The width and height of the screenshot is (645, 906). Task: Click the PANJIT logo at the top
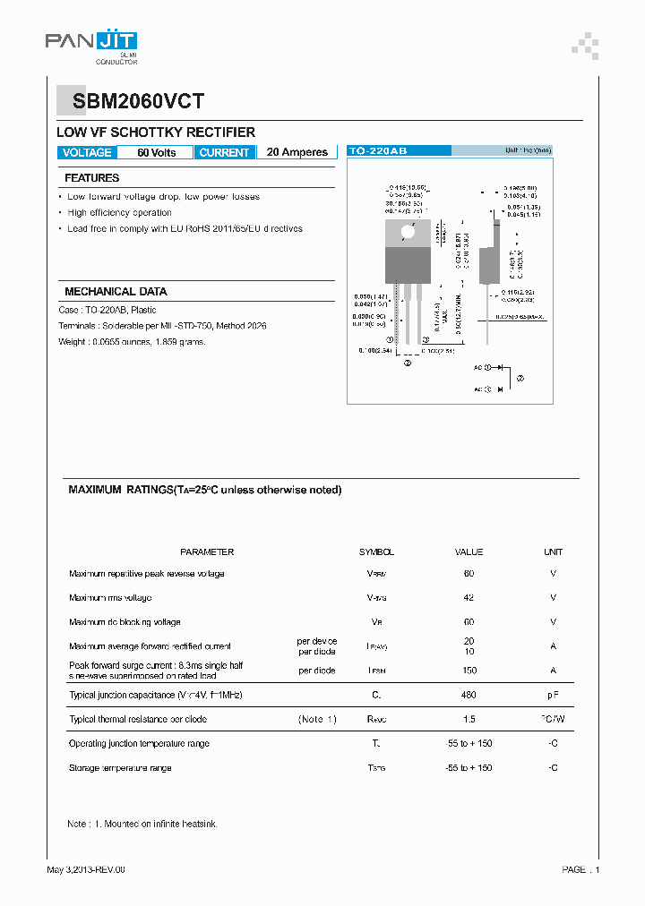(90, 41)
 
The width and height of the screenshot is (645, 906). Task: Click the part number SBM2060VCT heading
(132, 102)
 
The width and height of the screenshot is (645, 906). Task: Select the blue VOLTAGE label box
(87, 152)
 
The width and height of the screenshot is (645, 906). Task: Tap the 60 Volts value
(157, 152)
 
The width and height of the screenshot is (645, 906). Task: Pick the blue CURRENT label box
(224, 152)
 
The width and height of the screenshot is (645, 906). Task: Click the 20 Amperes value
(297, 152)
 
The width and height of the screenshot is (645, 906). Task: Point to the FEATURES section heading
(92, 178)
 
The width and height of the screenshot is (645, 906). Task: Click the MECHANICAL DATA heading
(116, 292)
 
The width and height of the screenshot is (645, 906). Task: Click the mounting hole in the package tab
(408, 231)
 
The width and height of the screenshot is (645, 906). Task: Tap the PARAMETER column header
(207, 552)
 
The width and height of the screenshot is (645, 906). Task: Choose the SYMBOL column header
(376, 552)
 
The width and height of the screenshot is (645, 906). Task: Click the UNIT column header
(553, 552)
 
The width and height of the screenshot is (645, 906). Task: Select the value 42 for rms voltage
(469, 597)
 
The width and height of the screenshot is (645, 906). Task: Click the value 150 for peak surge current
(469, 671)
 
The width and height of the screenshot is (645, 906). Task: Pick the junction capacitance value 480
(469, 695)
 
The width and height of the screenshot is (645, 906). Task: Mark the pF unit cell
(553, 695)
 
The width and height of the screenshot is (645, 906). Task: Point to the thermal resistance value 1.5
(469, 719)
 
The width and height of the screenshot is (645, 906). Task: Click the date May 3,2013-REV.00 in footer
(86, 869)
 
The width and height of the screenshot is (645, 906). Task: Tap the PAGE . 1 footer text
(580, 869)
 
